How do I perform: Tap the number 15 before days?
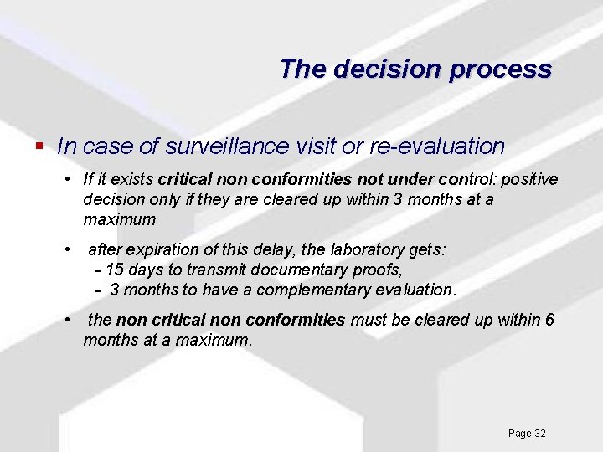pyautogui.click(x=115, y=270)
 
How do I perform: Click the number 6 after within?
pyautogui.click(x=549, y=321)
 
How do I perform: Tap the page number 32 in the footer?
pyautogui.click(x=539, y=434)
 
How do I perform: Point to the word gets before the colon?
pyautogui.click(x=426, y=250)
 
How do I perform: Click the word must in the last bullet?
pyautogui.click(x=367, y=321)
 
